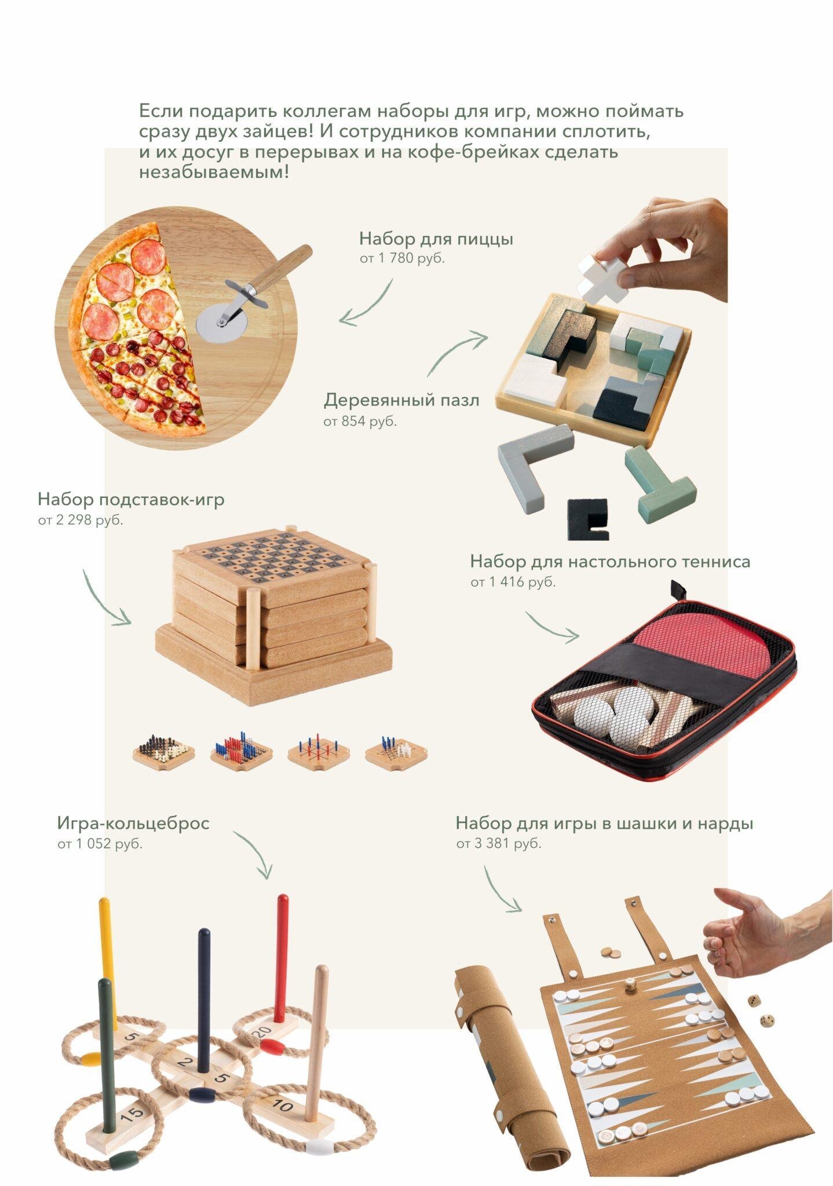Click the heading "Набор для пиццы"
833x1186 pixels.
tap(436, 239)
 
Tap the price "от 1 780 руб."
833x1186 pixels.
tap(402, 258)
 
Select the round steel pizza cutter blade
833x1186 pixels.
tap(219, 323)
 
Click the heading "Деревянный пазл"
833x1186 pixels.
tap(401, 400)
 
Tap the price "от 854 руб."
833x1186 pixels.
tap(360, 421)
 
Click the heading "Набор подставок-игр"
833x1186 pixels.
tap(130, 499)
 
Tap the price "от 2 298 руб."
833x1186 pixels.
tap(81, 520)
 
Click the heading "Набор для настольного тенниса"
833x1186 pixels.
tap(610, 561)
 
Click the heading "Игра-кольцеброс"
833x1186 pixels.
tap(133, 823)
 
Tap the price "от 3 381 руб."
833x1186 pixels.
tap(498, 843)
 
